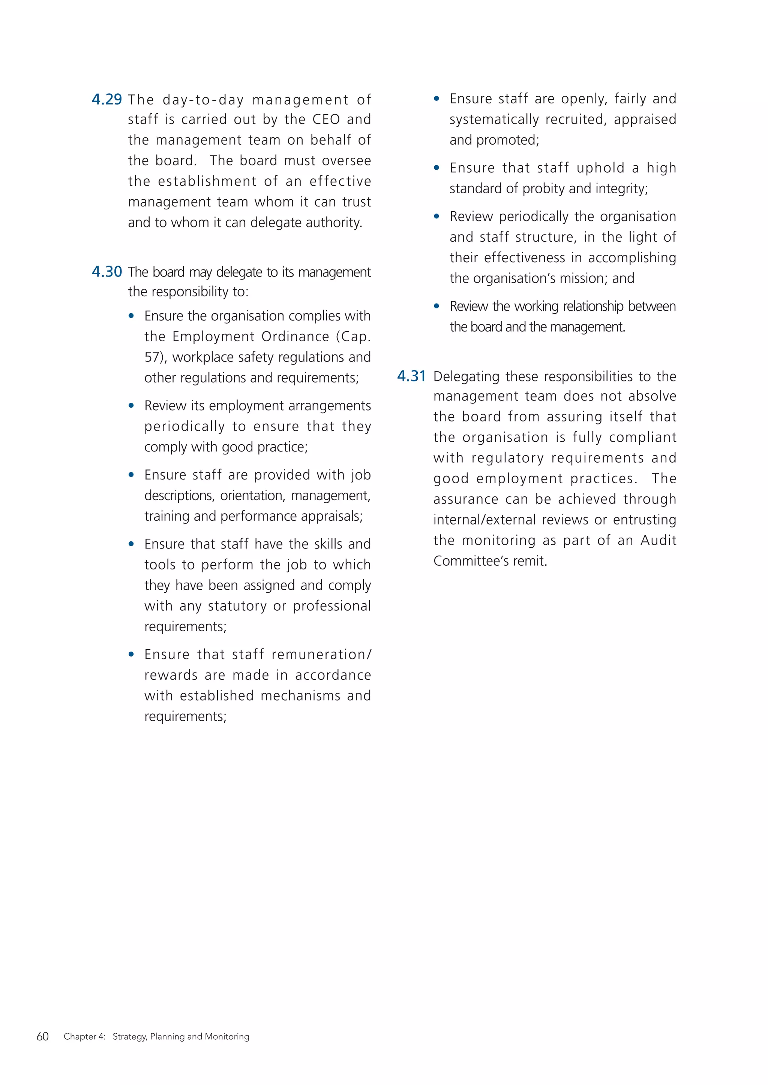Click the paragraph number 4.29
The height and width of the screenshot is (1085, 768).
[106, 99]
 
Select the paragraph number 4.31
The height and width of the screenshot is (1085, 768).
[411, 376]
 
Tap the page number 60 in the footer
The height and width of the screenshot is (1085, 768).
[42, 1036]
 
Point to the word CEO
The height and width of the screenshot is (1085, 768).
[326, 120]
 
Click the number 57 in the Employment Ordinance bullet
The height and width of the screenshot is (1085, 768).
[153, 357]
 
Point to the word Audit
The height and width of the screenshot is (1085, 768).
[658, 540]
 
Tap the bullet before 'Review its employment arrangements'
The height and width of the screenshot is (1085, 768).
[132, 405]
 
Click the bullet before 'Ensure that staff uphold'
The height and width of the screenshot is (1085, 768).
[436, 168]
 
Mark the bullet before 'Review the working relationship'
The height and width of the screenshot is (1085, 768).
[436, 306]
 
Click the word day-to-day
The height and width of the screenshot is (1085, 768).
[203, 100]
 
